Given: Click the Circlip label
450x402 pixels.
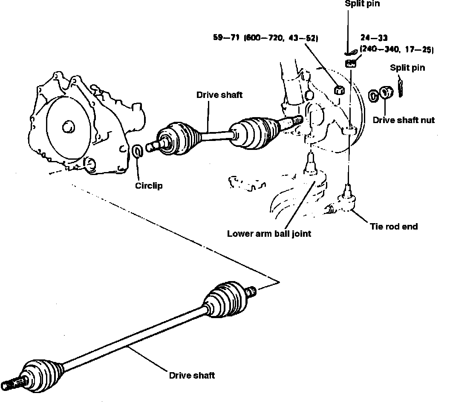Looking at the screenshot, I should [x=149, y=186].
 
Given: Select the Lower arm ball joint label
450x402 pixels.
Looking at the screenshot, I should [x=269, y=233].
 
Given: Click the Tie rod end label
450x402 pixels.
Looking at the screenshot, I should [x=393, y=227].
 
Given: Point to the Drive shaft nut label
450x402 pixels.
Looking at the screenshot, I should [x=404, y=120].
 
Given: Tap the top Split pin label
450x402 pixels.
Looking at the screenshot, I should [x=362, y=3].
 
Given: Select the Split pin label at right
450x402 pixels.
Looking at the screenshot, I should [x=407, y=68].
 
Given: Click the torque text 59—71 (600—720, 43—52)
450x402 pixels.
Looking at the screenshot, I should [x=265, y=38].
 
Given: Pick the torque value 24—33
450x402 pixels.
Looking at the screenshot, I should [x=374, y=38].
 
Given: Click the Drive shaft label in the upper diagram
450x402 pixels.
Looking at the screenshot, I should [x=219, y=95].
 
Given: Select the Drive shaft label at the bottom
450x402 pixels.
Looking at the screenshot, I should [x=192, y=375].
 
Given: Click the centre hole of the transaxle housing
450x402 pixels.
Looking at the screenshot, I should [x=67, y=126].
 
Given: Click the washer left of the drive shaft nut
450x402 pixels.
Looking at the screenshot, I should [x=373, y=95].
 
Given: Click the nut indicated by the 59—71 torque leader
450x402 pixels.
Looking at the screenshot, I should [x=340, y=90].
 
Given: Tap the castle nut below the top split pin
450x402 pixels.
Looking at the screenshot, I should [x=351, y=63].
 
